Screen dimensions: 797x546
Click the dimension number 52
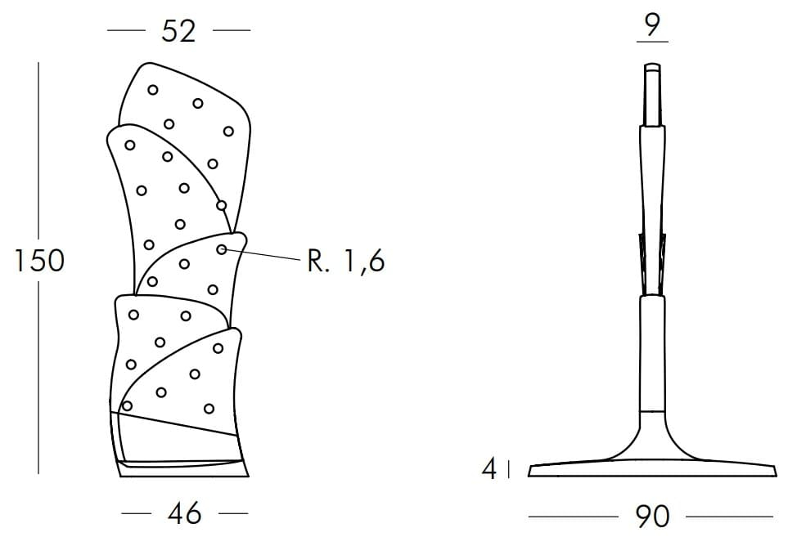[178, 31]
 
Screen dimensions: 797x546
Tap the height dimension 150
[39, 261]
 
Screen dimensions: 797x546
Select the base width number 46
[184, 513]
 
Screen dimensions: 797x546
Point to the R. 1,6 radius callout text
[346, 262]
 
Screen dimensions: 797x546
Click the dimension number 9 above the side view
[653, 25]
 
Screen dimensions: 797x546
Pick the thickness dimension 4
[489, 469]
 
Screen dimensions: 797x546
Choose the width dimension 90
[652, 517]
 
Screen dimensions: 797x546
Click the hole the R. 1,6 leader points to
[222, 249]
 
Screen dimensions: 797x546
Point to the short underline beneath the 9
[652, 42]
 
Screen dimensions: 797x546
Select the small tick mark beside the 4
[509, 469]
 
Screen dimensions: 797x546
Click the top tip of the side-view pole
[653, 64]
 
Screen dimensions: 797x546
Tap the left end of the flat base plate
[529, 476]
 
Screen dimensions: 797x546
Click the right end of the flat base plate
[777, 475]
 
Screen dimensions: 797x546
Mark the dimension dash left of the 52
[126, 30]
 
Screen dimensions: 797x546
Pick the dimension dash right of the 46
[233, 513]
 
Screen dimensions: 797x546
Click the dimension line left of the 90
[574, 517]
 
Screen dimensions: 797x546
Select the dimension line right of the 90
[729, 517]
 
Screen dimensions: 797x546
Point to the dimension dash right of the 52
[232, 30]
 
